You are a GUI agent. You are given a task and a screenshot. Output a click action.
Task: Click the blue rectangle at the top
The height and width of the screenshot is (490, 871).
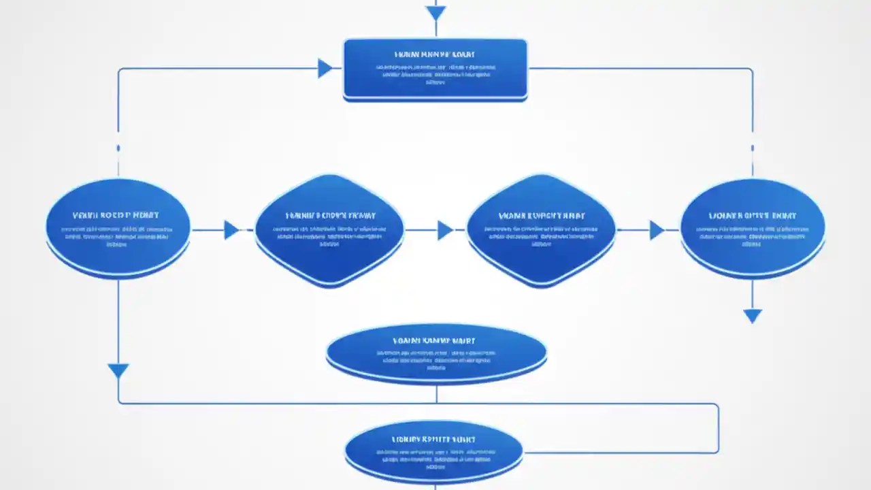tap(435, 69)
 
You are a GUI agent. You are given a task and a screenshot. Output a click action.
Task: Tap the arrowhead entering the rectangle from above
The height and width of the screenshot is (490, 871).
tap(435, 13)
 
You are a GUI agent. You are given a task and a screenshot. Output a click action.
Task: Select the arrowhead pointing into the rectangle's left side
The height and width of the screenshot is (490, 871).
tap(325, 68)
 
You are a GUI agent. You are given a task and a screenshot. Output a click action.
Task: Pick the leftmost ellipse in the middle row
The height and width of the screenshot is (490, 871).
tap(118, 229)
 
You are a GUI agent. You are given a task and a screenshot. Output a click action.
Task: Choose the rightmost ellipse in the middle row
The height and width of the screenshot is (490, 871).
tap(753, 229)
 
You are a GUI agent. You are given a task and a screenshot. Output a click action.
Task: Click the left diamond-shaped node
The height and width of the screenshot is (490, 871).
tap(329, 230)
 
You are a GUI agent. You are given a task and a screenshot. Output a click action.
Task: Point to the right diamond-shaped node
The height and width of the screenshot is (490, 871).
tap(541, 230)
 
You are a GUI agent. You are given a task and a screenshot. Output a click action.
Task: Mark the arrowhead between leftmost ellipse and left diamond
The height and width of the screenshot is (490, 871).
tap(231, 230)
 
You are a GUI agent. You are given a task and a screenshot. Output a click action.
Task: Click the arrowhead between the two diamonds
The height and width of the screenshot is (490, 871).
tap(445, 230)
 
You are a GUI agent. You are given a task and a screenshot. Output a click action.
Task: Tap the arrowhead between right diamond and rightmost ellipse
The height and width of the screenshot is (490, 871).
tap(657, 230)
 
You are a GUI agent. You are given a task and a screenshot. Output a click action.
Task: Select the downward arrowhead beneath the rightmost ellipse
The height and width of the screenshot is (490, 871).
tap(752, 316)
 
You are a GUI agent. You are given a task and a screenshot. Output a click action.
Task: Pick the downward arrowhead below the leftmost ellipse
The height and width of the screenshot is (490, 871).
tap(118, 371)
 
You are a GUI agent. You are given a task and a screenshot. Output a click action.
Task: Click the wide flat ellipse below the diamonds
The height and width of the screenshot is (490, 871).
tap(436, 354)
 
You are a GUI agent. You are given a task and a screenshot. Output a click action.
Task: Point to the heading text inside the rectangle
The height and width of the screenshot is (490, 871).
tap(435, 54)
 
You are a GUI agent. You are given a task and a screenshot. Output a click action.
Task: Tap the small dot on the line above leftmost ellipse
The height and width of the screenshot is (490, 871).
tap(118, 148)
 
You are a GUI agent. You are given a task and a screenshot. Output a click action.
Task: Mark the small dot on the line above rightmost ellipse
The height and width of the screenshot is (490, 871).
tap(752, 148)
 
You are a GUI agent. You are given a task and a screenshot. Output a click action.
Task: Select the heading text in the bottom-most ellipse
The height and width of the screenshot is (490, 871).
tap(434, 440)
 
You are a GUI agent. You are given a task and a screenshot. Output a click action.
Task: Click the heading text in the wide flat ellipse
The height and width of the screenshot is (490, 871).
tap(435, 340)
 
